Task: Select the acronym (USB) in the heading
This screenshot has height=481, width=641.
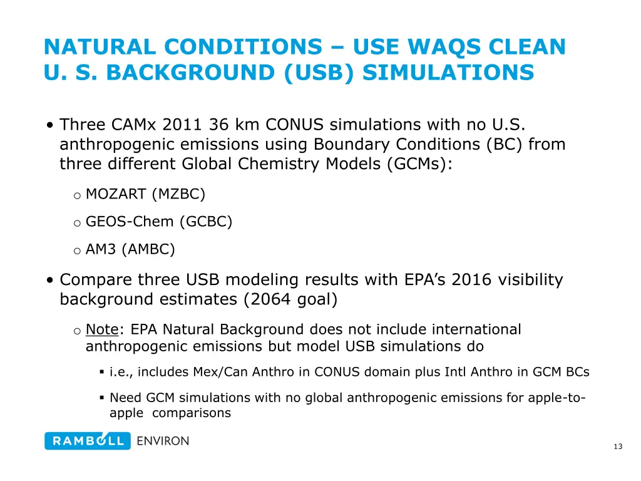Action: pos(319,73)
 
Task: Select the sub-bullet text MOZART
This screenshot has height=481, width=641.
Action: pos(116,194)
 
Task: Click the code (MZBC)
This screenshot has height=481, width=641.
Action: pos(178,194)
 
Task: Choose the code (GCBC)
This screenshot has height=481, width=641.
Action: pos(206,222)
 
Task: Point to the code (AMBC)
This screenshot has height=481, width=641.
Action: pos(148,249)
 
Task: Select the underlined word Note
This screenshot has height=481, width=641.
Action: pos(102,329)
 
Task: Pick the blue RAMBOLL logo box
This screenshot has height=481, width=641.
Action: pos(88,441)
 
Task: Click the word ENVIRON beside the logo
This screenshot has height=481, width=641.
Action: pos(163,441)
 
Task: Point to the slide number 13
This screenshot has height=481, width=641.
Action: pos(618,447)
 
